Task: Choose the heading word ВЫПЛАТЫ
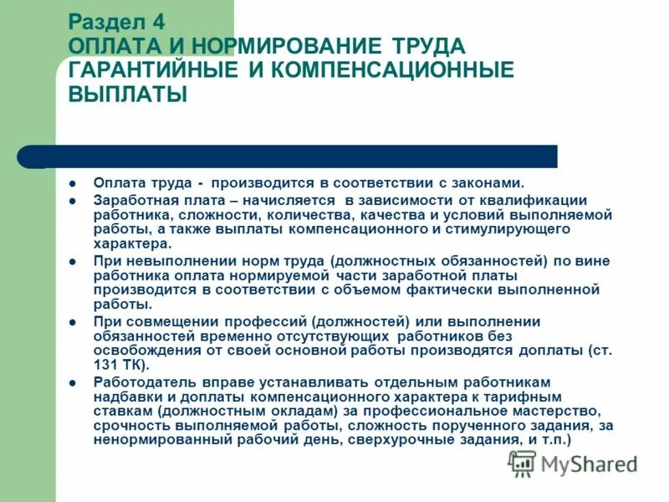[127, 95]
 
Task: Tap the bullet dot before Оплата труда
[73, 182]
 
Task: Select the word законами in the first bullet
[489, 182]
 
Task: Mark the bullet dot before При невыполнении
[73, 261]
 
